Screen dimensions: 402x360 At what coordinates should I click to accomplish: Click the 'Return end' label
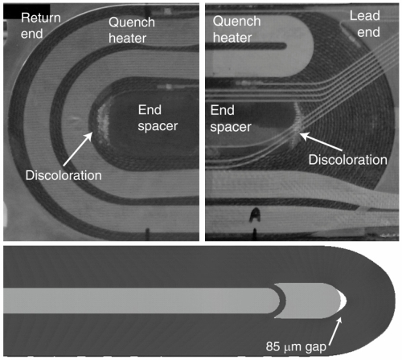coord(41,26)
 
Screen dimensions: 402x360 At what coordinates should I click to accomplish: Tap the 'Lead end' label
coord(365,24)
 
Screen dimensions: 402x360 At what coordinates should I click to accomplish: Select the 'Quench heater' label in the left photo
coord(132,30)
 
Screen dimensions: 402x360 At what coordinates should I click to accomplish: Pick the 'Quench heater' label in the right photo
coord(236,29)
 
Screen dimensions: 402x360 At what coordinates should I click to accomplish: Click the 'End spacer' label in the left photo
coord(158,118)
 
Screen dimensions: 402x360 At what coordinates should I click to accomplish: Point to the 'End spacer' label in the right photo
coord(231,118)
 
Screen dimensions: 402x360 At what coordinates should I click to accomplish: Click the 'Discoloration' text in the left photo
coord(64,175)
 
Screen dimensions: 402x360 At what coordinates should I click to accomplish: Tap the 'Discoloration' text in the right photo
coord(348,160)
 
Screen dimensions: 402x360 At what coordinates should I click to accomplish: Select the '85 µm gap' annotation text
coord(296,346)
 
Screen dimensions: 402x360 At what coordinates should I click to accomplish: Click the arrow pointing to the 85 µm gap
coord(335,331)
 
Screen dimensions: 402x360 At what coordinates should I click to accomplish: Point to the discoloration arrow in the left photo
coord(78,149)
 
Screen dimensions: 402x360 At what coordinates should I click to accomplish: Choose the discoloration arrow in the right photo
coord(321,141)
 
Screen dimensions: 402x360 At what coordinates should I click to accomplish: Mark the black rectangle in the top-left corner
coord(27,11)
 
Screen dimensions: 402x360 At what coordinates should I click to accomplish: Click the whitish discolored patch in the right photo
coord(297,123)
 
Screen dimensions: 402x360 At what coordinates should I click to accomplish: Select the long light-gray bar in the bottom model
coord(142,301)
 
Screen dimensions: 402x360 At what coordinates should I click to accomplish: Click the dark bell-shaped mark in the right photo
coord(255,215)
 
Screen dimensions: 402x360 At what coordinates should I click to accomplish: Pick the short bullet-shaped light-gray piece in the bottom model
coord(308,301)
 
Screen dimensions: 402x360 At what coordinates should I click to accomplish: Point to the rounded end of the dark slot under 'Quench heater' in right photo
coord(284,46)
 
